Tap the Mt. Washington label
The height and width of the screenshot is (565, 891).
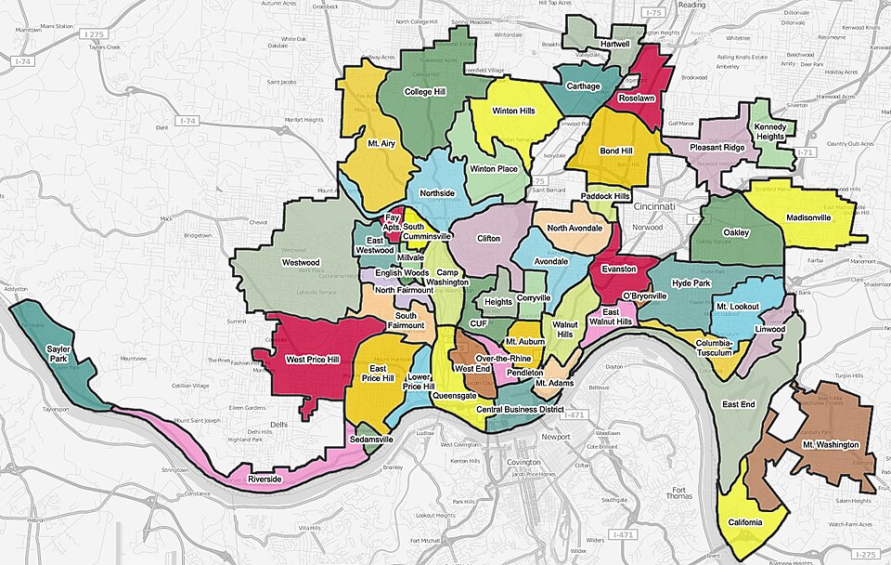[830, 445]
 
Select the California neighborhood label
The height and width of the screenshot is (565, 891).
[744, 522]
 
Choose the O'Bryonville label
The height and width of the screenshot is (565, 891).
[644, 296]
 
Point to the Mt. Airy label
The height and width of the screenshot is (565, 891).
[381, 144]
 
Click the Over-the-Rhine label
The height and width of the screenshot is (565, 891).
[501, 357]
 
